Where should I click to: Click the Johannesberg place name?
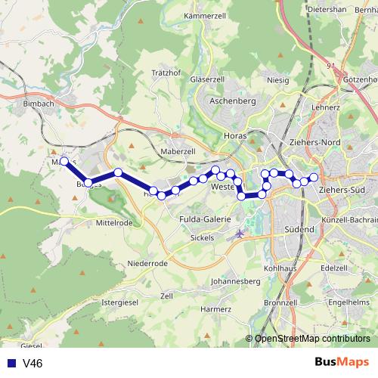click(236, 281)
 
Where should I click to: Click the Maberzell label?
click(179, 151)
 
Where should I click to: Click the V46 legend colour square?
click(11, 364)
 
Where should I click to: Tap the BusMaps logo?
click(342, 363)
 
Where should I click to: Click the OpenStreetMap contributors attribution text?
click(312, 339)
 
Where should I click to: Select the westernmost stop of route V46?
click(64, 161)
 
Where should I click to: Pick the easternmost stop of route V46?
click(314, 177)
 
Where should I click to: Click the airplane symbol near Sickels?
click(240, 233)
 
